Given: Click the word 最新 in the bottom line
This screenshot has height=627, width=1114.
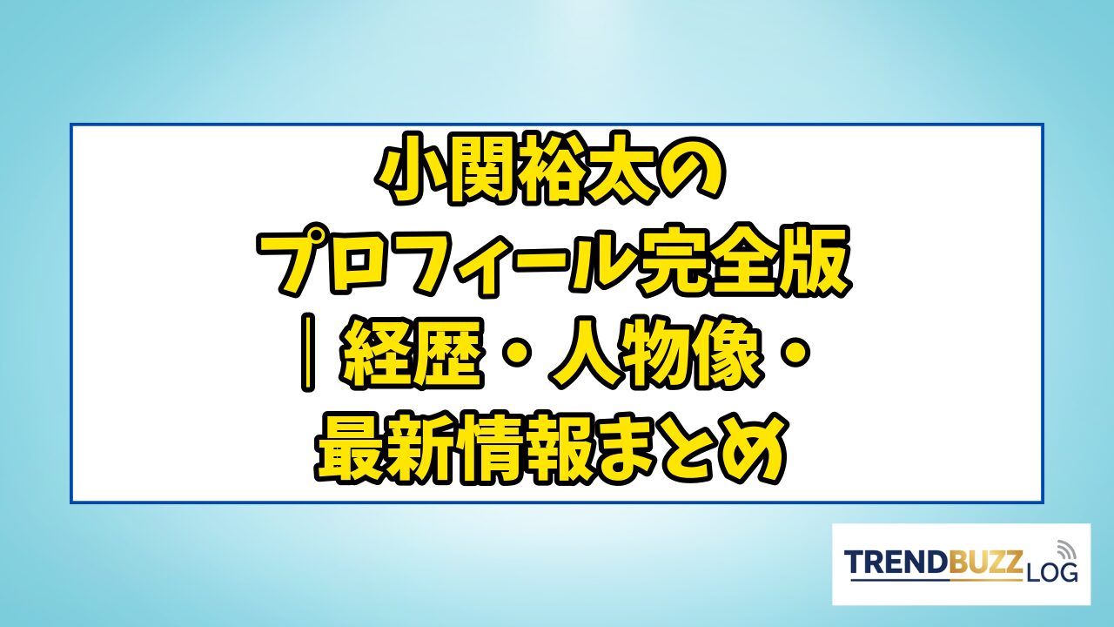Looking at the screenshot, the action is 385,447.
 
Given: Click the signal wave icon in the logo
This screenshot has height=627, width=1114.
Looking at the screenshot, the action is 1065,549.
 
